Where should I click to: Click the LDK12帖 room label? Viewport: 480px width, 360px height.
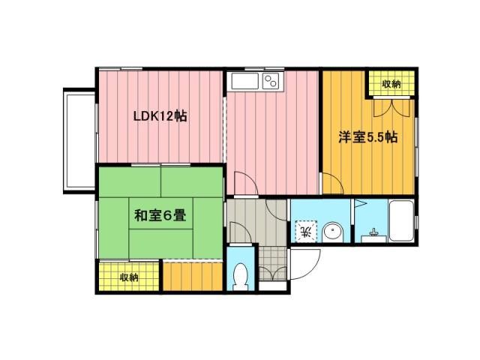click(x=160, y=117)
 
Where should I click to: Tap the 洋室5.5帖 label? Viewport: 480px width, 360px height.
click(x=367, y=138)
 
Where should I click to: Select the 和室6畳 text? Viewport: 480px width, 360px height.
click(x=160, y=216)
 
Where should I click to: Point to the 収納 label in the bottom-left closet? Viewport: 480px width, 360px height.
click(x=129, y=277)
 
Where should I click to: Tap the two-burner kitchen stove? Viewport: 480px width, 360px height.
click(x=270, y=81)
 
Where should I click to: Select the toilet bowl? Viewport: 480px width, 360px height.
click(x=241, y=277)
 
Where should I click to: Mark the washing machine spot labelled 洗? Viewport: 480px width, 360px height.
click(x=304, y=229)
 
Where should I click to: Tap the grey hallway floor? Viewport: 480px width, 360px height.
click(x=247, y=220)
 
